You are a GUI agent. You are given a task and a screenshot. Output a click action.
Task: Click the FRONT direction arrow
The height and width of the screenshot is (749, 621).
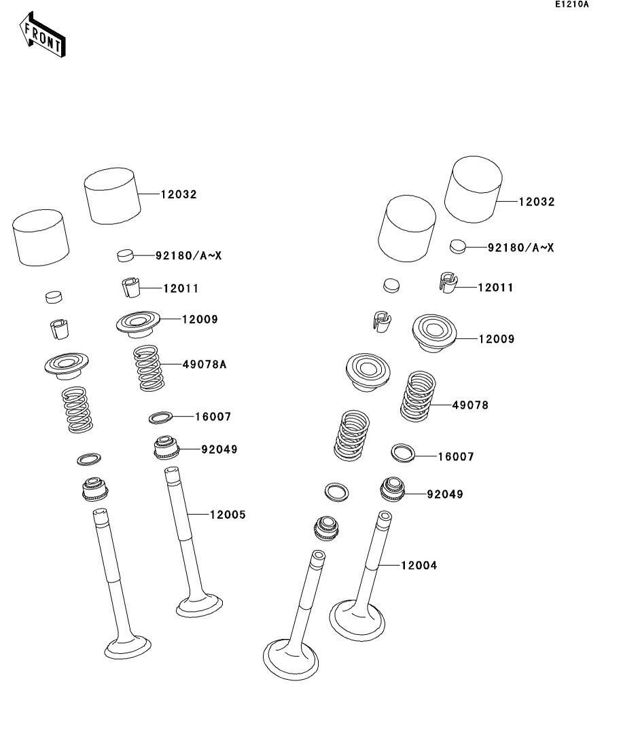point(42,35)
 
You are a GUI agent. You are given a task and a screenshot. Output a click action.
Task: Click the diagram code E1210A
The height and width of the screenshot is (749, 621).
point(572,5)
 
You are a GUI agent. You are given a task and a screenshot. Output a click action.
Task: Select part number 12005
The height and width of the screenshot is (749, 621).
point(228,515)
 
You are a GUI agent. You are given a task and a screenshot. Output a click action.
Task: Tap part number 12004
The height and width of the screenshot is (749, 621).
point(419,566)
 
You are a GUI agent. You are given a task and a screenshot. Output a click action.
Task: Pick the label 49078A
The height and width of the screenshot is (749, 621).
point(205,365)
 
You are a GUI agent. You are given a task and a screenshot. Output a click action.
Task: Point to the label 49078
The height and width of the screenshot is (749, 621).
point(470,405)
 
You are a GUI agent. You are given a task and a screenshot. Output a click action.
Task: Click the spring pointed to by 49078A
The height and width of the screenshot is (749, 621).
point(149,368)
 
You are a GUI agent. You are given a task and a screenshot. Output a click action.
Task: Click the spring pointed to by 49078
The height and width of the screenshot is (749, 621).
point(418,397)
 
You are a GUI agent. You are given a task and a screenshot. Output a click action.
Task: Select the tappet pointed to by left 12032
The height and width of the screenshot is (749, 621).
point(112,196)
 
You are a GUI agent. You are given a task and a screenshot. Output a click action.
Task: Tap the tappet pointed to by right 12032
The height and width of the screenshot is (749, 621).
point(474,189)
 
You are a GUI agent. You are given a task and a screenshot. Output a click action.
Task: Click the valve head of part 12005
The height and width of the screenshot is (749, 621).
point(199,605)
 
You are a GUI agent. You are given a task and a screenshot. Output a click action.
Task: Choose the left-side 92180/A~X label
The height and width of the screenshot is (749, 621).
point(188,255)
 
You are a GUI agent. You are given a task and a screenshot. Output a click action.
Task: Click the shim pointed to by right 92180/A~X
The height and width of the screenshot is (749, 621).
point(457,246)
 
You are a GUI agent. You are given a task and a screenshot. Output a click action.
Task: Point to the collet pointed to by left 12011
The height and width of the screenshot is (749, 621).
point(130,287)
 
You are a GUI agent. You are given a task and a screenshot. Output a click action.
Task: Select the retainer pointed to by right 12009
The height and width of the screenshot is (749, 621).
point(434,333)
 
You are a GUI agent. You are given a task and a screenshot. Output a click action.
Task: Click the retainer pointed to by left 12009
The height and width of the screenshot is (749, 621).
point(138,324)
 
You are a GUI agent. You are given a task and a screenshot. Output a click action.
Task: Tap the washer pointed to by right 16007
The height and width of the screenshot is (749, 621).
point(402,452)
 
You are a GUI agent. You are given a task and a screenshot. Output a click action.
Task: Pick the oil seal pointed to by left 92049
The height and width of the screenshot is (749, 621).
point(166,447)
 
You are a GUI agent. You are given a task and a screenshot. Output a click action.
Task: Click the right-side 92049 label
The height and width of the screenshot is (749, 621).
point(445,494)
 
